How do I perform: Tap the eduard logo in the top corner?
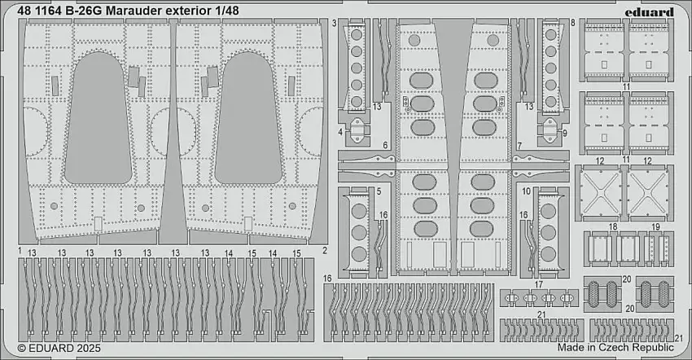(653, 11)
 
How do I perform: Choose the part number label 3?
(335, 25)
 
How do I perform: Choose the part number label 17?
(538, 284)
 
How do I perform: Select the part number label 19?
(655, 226)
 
